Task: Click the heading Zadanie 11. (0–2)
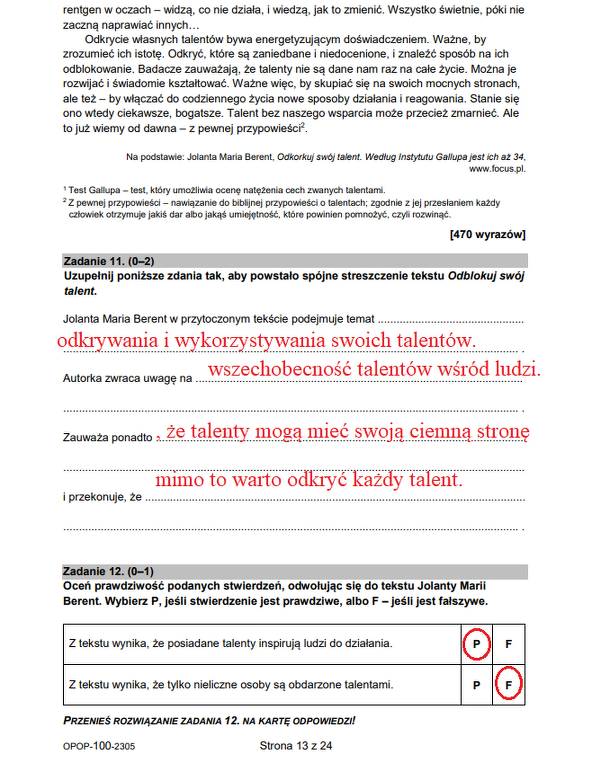tap(109, 261)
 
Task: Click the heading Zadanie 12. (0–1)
tap(108, 571)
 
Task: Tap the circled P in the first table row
tap(476, 644)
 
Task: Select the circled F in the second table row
tap(508, 685)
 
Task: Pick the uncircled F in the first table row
tap(508, 644)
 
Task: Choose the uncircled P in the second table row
tap(476, 685)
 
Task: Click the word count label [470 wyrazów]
tap(487, 234)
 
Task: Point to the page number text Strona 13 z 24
tap(296, 746)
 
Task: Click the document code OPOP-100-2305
tap(99, 746)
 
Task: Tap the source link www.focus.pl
tap(497, 169)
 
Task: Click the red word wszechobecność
tap(279, 369)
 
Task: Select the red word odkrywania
tap(108, 340)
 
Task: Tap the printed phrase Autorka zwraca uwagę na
tap(127, 378)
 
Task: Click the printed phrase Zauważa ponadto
tap(108, 437)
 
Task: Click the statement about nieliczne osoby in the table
tap(231, 685)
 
